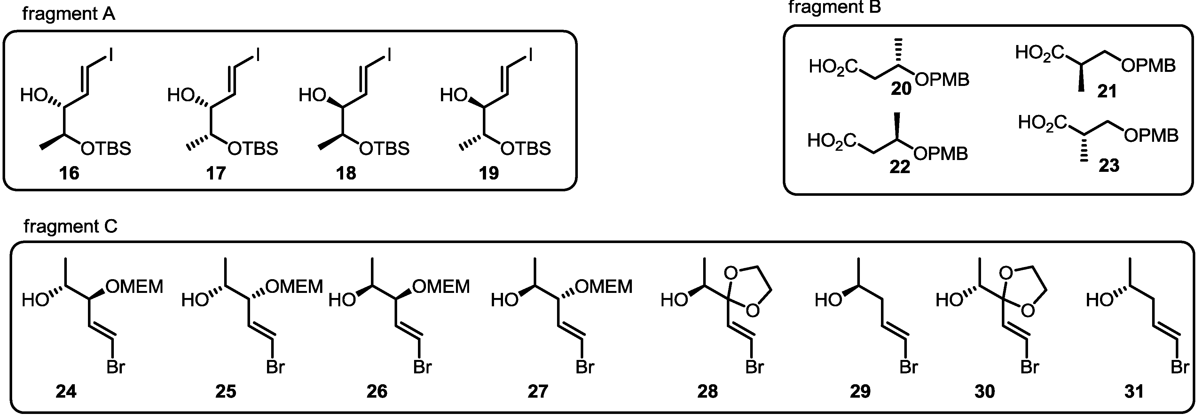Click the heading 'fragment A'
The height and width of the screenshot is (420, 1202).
coord(69,14)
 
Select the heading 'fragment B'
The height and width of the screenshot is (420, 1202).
coord(834,7)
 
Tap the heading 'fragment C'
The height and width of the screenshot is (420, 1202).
coord(70,226)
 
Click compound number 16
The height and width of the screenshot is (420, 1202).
coord(69,173)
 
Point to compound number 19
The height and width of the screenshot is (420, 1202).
coord(489,173)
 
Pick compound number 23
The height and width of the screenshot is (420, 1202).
coord(1109,165)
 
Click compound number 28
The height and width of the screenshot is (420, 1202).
coord(707,392)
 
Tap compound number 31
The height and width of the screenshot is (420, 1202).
coord(1134,392)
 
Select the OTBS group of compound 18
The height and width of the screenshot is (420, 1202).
coord(384,149)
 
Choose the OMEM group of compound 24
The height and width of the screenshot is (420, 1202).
coord(134,286)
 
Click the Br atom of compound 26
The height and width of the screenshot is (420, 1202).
coord(422,367)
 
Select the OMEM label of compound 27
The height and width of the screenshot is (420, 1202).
coord(604,286)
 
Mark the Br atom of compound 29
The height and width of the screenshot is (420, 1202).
coord(908,367)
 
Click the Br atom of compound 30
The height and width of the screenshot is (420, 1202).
coord(1029,367)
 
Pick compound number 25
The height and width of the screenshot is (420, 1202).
coord(225,392)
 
